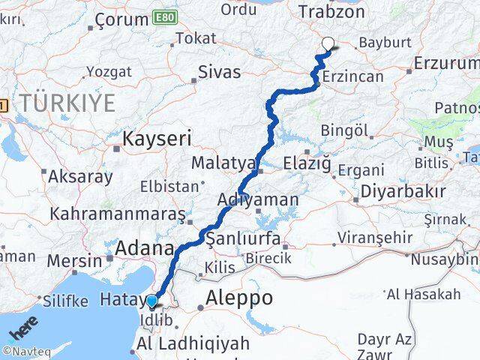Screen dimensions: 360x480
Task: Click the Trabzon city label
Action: click(331, 11)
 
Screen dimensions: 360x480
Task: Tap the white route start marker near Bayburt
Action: click(328, 43)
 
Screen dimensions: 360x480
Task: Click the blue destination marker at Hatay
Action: click(152, 301)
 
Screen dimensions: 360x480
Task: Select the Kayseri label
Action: click(157, 138)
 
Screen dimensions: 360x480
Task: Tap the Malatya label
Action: click(223, 163)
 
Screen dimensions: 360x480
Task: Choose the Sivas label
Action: click(219, 73)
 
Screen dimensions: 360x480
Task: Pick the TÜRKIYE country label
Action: click(68, 103)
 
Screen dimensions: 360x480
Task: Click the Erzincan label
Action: click(353, 76)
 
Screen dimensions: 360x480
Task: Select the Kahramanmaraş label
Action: click(118, 214)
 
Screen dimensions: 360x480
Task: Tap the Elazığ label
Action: click(307, 162)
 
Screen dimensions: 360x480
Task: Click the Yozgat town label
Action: click(109, 71)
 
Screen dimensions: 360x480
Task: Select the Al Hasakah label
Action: click(424, 294)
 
